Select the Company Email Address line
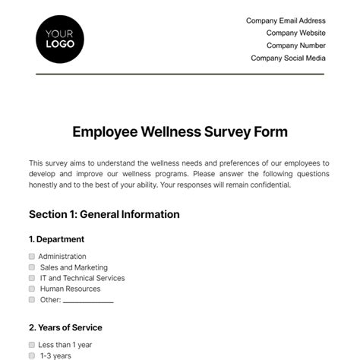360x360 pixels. point(286,21)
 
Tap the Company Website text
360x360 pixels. point(295,33)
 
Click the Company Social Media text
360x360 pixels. point(288,58)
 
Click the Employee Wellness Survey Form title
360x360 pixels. point(180,131)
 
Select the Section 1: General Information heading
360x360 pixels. point(104,214)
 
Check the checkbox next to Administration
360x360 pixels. point(32,257)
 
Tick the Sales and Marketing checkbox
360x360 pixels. point(32,267)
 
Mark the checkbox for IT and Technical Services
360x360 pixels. point(32,278)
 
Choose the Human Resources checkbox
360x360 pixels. point(32,289)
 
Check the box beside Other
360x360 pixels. point(32,300)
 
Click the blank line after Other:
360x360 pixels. point(88,302)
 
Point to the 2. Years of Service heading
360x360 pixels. point(65,327)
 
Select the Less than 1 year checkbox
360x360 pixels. point(32,345)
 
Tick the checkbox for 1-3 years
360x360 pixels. point(32,355)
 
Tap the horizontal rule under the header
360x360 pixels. point(180,74)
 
